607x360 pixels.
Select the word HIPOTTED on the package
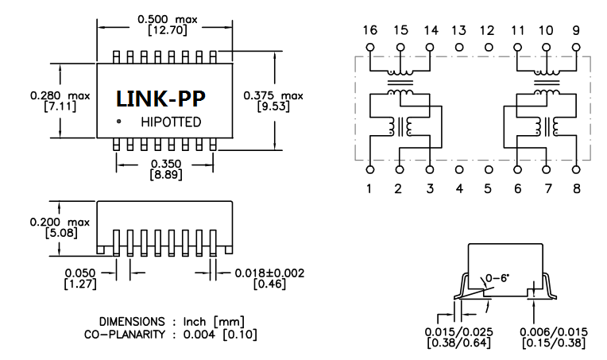[x=171, y=122]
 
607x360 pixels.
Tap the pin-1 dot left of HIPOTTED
[x=118, y=122]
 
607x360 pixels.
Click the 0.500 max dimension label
[x=167, y=18]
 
